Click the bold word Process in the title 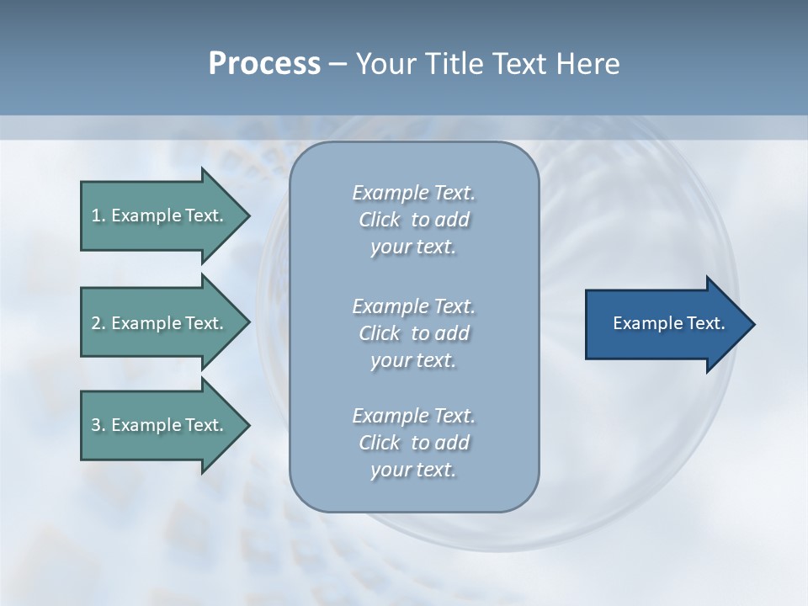click(263, 64)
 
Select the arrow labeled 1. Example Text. click(160, 215)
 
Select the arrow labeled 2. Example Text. click(160, 323)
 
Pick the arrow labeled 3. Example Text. click(160, 425)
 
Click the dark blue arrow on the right click(665, 323)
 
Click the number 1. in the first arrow click(98, 215)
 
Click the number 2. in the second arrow click(98, 323)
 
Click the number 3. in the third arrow click(98, 425)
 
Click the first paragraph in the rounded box click(413, 220)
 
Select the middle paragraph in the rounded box click(413, 332)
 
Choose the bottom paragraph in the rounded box click(413, 443)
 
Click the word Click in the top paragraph click(379, 220)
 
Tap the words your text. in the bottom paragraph click(413, 470)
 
